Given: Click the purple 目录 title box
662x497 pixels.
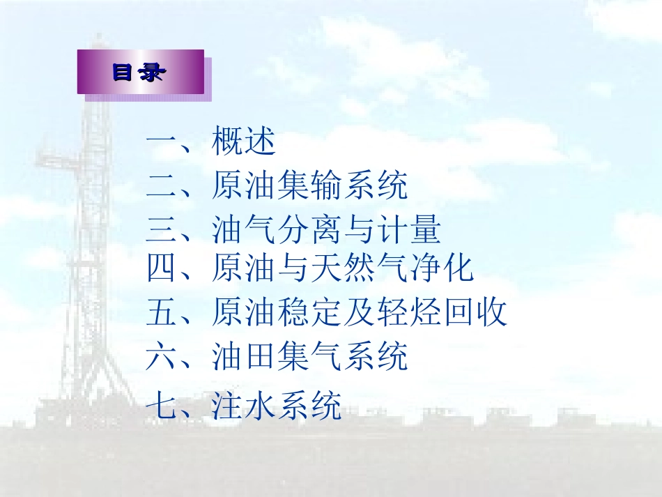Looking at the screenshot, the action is (x=141, y=72).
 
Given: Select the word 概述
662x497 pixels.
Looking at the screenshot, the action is (x=244, y=141).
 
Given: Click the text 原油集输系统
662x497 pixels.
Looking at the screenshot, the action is (x=309, y=185).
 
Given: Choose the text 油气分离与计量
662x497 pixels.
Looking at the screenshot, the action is (x=326, y=229).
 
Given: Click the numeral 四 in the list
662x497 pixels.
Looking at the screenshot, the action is (x=161, y=268).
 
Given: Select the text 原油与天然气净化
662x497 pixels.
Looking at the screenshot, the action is (x=342, y=268).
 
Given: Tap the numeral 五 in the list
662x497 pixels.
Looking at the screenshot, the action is (x=161, y=312).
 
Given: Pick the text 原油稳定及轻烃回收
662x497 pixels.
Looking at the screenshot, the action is (x=359, y=312).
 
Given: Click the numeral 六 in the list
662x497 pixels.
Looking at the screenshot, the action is (x=161, y=356).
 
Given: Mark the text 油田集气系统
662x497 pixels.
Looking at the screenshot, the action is (x=309, y=356).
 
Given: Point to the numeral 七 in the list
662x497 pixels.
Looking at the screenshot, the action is (x=161, y=405).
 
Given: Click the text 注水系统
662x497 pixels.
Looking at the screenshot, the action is (x=277, y=406).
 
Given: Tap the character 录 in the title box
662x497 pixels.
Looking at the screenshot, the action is (x=152, y=72).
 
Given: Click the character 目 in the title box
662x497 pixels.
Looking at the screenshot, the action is (x=123, y=72).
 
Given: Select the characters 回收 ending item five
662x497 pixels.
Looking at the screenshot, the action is (x=476, y=312).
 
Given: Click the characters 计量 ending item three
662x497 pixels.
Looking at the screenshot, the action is (x=409, y=229).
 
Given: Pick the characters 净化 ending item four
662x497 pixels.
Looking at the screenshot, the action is (x=442, y=268).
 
